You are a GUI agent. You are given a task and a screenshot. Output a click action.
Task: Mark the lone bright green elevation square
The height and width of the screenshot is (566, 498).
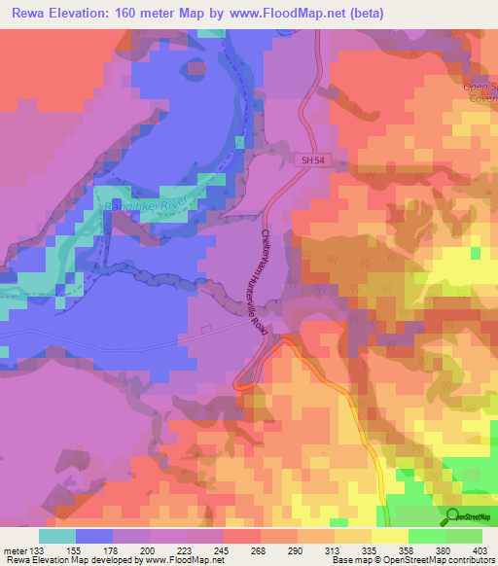[x=474, y=253]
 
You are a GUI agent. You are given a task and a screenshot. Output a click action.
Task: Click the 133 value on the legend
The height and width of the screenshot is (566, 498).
[x=38, y=550]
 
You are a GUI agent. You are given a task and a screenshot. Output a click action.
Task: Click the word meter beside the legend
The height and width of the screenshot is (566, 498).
[x=14, y=550]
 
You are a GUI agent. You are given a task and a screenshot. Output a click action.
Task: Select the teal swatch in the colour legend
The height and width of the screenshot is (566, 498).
[x=56, y=536]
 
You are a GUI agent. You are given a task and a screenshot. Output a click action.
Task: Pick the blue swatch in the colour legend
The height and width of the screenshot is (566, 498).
[x=93, y=536]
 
